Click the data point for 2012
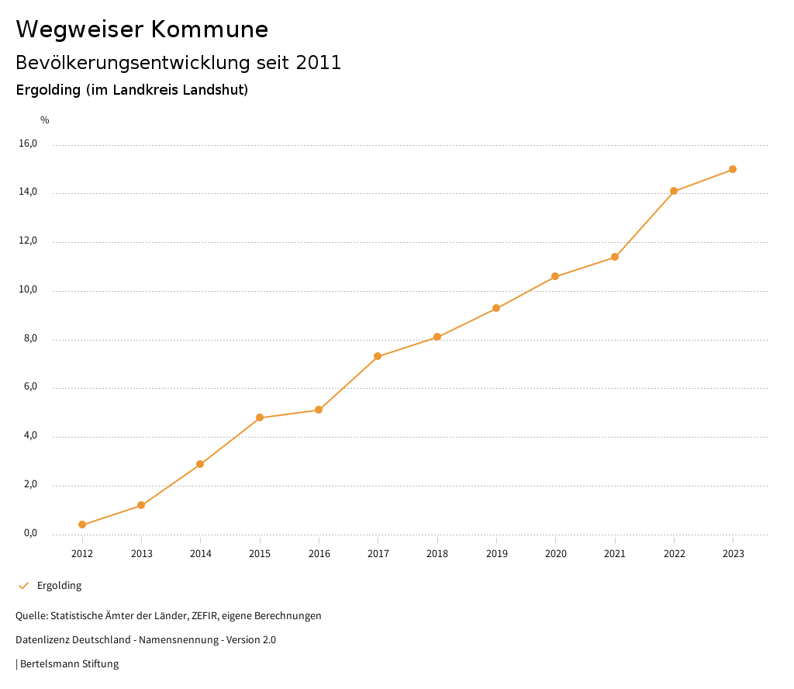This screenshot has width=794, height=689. pos(82,525)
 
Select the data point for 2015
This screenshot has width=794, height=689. pos(260,417)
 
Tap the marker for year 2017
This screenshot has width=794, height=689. pos(378,356)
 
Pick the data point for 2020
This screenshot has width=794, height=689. pos(555,276)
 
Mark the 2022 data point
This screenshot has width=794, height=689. pos(674,191)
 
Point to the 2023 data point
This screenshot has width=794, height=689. pos(733,169)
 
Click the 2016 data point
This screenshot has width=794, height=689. pos(319,410)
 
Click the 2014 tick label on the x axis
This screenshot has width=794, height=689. pos(201,554)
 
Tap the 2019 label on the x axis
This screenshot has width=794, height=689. pos(496,554)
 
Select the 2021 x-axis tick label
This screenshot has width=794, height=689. pos(615,554)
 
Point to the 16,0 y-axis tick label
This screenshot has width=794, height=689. pos(28,144)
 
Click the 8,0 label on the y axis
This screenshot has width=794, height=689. pos(30,339)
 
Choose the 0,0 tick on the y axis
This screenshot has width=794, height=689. pos(30,534)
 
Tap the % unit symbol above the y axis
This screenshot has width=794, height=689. pos(45,120)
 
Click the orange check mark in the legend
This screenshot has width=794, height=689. pos(23,586)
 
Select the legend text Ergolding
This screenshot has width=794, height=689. pos(59,586)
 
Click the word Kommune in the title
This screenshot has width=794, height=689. pos(209,29)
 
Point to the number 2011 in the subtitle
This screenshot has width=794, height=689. pos(319,63)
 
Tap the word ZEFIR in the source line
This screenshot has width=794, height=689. pos(203,616)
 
